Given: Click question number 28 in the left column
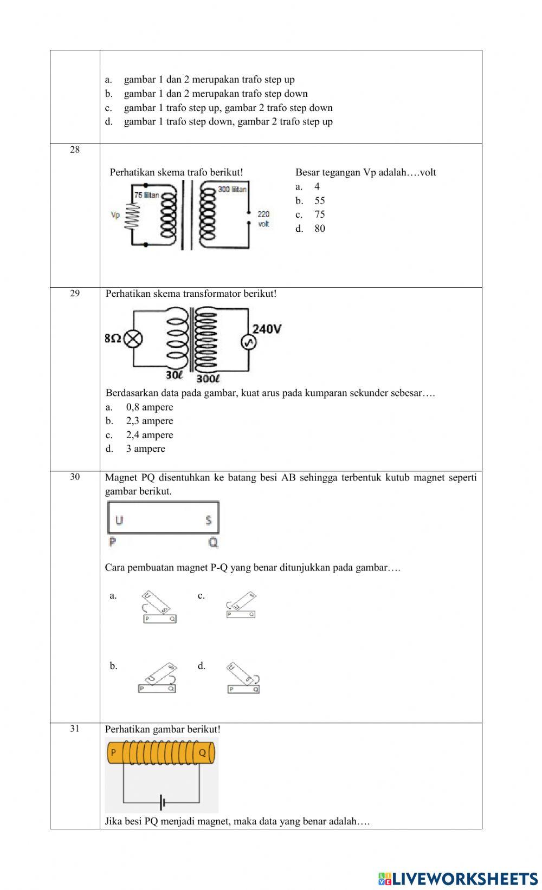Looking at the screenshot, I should click(75, 150).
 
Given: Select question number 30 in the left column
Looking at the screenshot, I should click(75, 477).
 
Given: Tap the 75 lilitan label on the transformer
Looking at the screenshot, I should click(146, 195).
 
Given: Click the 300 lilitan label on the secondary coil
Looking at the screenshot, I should click(232, 189).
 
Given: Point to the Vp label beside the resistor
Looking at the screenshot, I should click(115, 215).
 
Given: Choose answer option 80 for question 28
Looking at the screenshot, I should click(320, 229).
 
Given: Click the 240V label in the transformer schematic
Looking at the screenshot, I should click(267, 329).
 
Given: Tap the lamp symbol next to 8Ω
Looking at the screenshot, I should click(133, 339).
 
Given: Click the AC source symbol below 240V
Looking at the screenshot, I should click(248, 342).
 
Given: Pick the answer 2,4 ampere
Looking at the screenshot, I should click(150, 435).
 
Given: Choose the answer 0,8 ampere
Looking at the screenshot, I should click(150, 407).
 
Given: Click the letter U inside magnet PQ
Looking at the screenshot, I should click(119, 520).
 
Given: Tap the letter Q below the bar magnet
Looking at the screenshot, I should click(213, 542).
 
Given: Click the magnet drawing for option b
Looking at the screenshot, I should click(158, 679).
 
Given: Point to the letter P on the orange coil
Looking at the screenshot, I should click(113, 752).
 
